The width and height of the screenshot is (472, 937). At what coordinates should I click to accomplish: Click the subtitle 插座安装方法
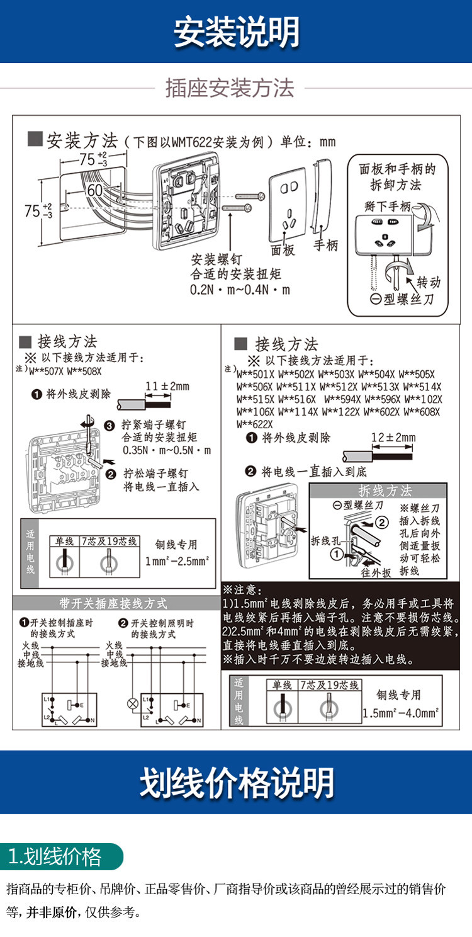pos(230,88)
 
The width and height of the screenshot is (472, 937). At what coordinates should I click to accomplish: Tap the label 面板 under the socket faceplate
pos(283,250)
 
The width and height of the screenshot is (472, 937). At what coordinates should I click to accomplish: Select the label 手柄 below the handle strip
pos(326,245)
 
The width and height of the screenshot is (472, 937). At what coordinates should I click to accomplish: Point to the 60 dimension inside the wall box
pos(94,190)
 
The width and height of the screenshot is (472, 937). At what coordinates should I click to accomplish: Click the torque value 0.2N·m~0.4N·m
pos(240,290)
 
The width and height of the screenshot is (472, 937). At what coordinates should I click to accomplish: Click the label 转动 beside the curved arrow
pos(428,283)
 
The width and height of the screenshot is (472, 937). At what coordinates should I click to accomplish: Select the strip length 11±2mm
pos(167,385)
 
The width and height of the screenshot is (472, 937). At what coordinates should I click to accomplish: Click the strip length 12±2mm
pos(393,437)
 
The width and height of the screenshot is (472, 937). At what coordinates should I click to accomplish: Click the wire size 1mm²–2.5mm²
pos(177,560)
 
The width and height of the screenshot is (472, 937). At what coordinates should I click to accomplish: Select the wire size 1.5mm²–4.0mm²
pos(401,713)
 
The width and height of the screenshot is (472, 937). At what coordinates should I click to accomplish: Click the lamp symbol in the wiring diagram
pos(133,703)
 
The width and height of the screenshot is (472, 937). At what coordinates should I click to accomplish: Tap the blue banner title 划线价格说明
pos(236,783)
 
